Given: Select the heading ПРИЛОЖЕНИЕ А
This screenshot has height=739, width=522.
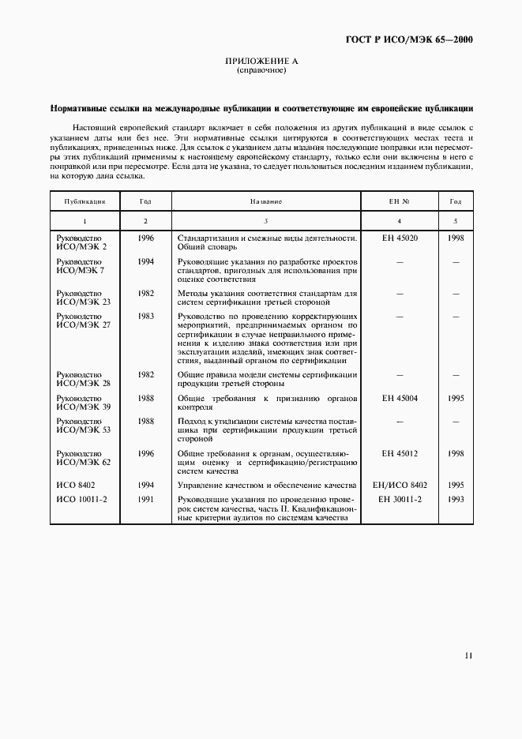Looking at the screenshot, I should pos(261,61).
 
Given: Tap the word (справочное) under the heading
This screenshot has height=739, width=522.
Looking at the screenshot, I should pos(261,70).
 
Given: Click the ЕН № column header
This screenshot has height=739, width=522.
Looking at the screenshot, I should pos(399,202).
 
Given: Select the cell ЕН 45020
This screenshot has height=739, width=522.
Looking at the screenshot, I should pos(399,238).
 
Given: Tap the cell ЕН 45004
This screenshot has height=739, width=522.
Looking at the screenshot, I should pos(399,399).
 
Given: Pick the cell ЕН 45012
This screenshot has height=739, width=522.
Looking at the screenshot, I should pos(399,454).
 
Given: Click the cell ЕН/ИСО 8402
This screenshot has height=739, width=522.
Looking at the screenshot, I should pos(399,485).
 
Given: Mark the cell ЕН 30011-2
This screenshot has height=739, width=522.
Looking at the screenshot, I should pos(399,500).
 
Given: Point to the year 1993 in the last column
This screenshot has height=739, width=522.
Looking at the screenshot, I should pos(455,500).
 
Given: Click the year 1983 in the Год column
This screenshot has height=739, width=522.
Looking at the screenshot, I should pos(145,316).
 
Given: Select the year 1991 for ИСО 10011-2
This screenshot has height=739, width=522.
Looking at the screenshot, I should pos(145,500).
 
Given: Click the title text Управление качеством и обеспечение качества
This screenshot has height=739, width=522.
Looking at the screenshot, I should pos(268,485).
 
